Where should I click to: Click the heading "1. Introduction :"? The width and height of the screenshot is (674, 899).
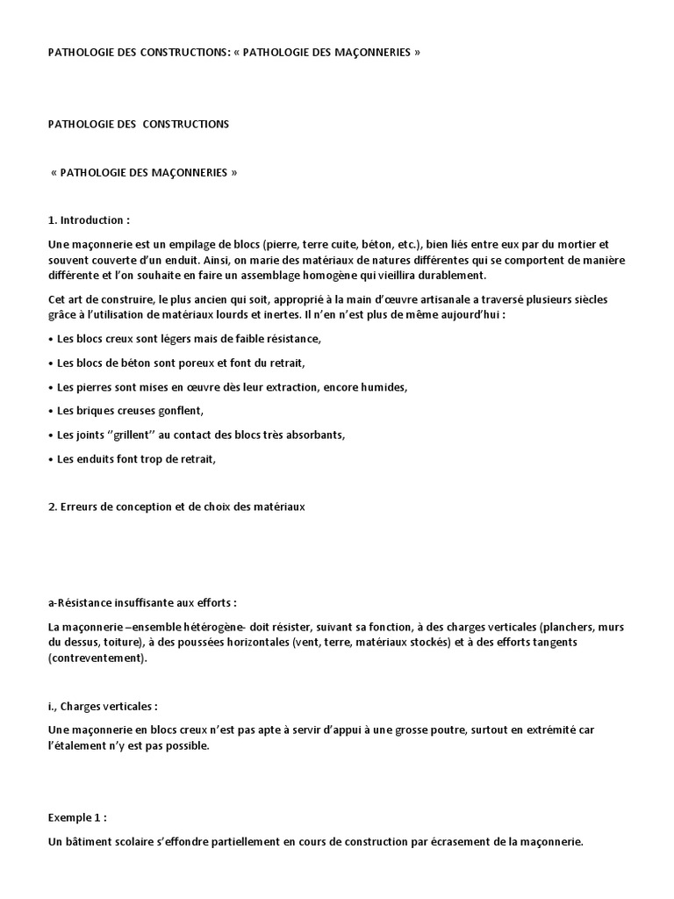[x=89, y=219]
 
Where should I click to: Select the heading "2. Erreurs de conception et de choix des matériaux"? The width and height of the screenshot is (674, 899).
[x=176, y=507]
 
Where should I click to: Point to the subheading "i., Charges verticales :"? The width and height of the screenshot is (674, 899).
[x=103, y=706]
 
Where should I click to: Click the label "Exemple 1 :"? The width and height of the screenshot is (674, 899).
[x=77, y=816]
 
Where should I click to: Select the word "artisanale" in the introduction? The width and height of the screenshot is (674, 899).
[x=441, y=301]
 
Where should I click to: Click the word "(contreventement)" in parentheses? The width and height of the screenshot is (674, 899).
[x=98, y=658]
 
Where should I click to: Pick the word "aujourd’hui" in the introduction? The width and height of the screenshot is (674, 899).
[x=502, y=315]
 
